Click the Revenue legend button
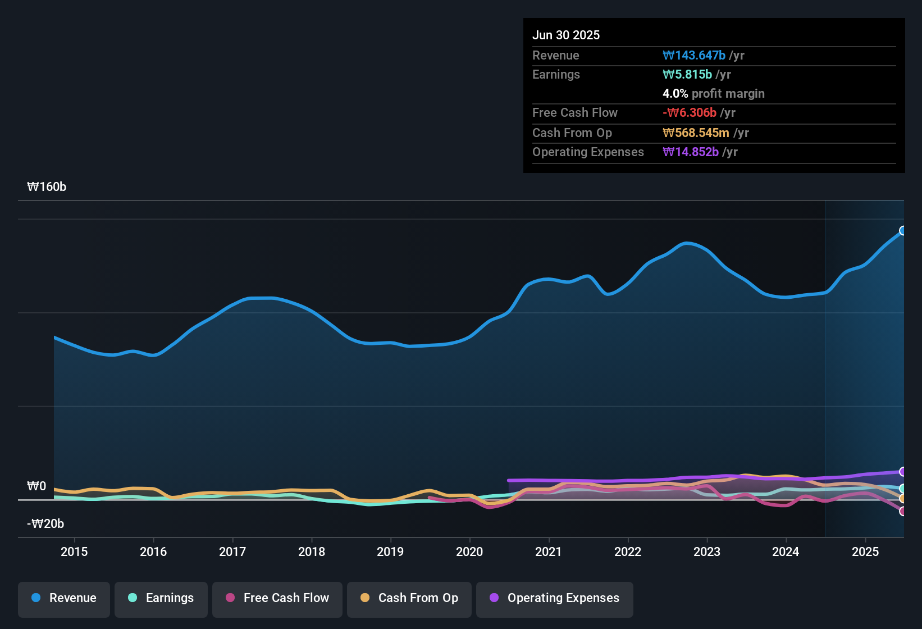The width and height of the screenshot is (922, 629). click(64, 598)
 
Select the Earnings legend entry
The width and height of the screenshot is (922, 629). click(161, 598)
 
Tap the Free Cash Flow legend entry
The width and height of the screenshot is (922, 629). click(277, 598)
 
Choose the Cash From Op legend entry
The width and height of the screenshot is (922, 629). click(409, 598)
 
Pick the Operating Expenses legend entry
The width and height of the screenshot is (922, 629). click(555, 598)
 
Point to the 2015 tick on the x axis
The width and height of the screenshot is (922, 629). click(74, 551)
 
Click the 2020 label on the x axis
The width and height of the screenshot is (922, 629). click(469, 551)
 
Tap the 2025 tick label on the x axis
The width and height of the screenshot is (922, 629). click(865, 551)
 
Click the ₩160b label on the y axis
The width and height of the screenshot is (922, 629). click(47, 187)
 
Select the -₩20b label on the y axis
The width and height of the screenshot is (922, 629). click(45, 524)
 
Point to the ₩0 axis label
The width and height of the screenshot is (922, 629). click(36, 486)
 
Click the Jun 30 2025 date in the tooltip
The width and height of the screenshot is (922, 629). click(566, 35)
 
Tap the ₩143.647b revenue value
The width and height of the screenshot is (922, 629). click(694, 56)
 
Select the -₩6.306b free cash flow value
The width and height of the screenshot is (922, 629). click(690, 113)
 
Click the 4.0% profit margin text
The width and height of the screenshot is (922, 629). click(713, 94)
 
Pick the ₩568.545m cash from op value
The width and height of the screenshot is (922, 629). click(696, 133)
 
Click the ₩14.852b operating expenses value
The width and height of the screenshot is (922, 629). click(691, 152)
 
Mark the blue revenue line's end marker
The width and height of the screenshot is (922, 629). click(903, 231)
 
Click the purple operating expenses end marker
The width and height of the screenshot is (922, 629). click(903, 472)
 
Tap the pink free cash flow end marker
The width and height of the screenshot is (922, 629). click(903, 511)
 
